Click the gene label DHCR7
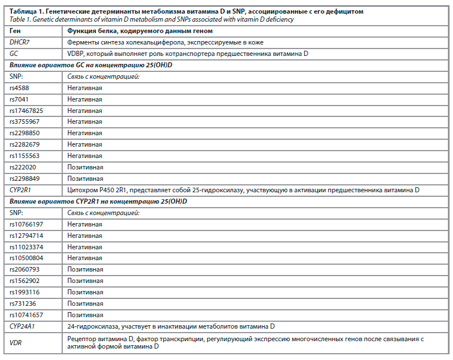tap(21, 42)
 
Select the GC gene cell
tap(15, 54)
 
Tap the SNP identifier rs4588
tap(21, 88)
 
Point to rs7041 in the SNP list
tap(21, 99)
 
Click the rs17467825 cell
tap(26, 111)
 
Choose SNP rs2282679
tap(25, 144)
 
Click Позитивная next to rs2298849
tap(85, 179)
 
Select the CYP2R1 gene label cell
tap(22, 190)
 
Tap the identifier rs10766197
tap(27, 224)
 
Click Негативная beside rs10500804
tap(84, 258)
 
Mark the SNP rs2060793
tap(25, 269)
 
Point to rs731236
tap(23, 304)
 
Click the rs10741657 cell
tap(27, 315)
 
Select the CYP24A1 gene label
tap(23, 326)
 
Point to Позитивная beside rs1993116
tap(85, 292)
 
